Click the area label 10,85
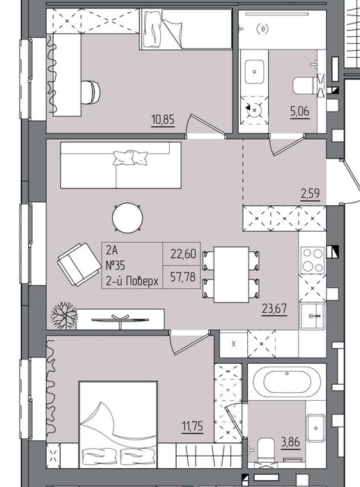(x=163, y=120)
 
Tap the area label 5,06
(x=300, y=111)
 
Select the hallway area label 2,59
(x=310, y=193)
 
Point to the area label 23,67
(x=274, y=309)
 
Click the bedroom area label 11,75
(x=192, y=426)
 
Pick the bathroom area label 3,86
(x=290, y=442)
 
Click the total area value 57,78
(x=183, y=277)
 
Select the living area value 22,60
(x=183, y=254)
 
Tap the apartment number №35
(x=116, y=266)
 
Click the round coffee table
(x=127, y=218)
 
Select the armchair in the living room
(x=79, y=264)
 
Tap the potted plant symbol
(x=64, y=316)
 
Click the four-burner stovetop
(x=313, y=260)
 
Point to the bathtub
(x=287, y=382)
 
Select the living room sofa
(x=120, y=165)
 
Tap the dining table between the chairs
(x=231, y=275)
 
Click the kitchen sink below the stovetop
(x=312, y=316)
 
